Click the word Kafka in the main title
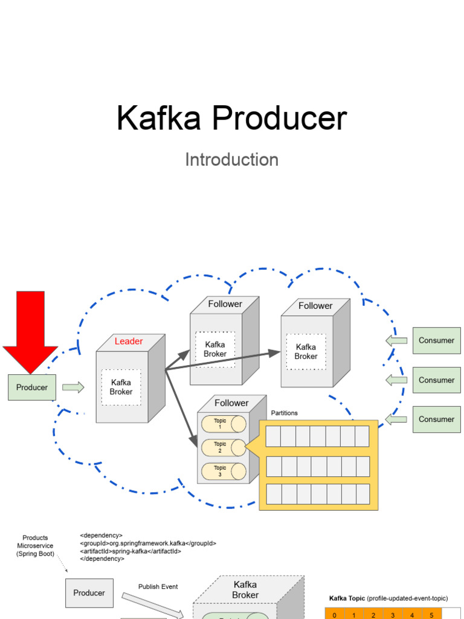[x=159, y=118]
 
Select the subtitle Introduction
[x=231, y=160]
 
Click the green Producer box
[x=32, y=387]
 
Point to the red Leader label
[x=129, y=342]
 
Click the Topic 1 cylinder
[x=223, y=424]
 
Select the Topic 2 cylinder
[x=223, y=447]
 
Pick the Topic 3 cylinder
[x=223, y=472]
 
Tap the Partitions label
[x=284, y=413]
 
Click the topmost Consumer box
[x=436, y=340]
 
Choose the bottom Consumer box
[x=436, y=420]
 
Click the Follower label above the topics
[x=231, y=403]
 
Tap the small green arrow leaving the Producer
[x=73, y=387]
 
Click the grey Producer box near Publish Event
[x=89, y=593]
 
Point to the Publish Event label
[x=158, y=587]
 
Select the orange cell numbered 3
[x=393, y=615]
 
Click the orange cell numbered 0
[x=334, y=615]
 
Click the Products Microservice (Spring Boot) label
[x=35, y=546]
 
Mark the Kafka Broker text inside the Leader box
[x=121, y=387]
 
